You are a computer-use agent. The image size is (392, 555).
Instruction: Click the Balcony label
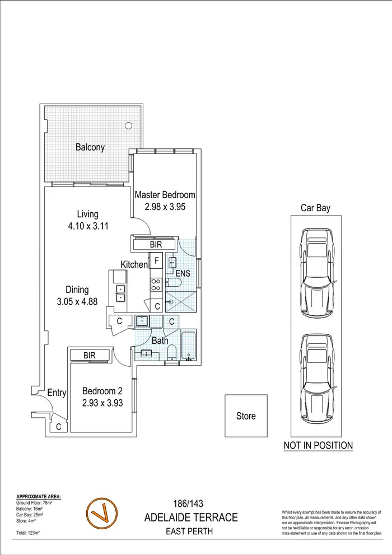(90, 148)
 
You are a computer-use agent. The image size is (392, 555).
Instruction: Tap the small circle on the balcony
(129, 125)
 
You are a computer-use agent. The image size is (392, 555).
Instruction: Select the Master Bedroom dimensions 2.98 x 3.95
(165, 206)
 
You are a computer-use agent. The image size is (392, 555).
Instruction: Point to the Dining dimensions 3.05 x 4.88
(77, 301)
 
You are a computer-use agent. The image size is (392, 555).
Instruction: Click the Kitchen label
(134, 264)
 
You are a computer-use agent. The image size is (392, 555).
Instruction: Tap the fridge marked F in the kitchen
(157, 260)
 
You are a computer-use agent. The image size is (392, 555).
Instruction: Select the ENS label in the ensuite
(183, 274)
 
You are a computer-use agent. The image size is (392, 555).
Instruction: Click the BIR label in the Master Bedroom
(156, 245)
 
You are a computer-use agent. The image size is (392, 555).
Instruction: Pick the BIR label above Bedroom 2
(90, 355)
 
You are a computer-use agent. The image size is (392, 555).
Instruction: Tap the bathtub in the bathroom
(188, 346)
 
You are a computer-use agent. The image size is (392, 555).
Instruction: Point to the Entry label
(57, 393)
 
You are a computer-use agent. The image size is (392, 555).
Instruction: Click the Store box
(246, 416)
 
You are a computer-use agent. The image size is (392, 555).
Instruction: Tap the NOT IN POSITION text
(318, 446)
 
